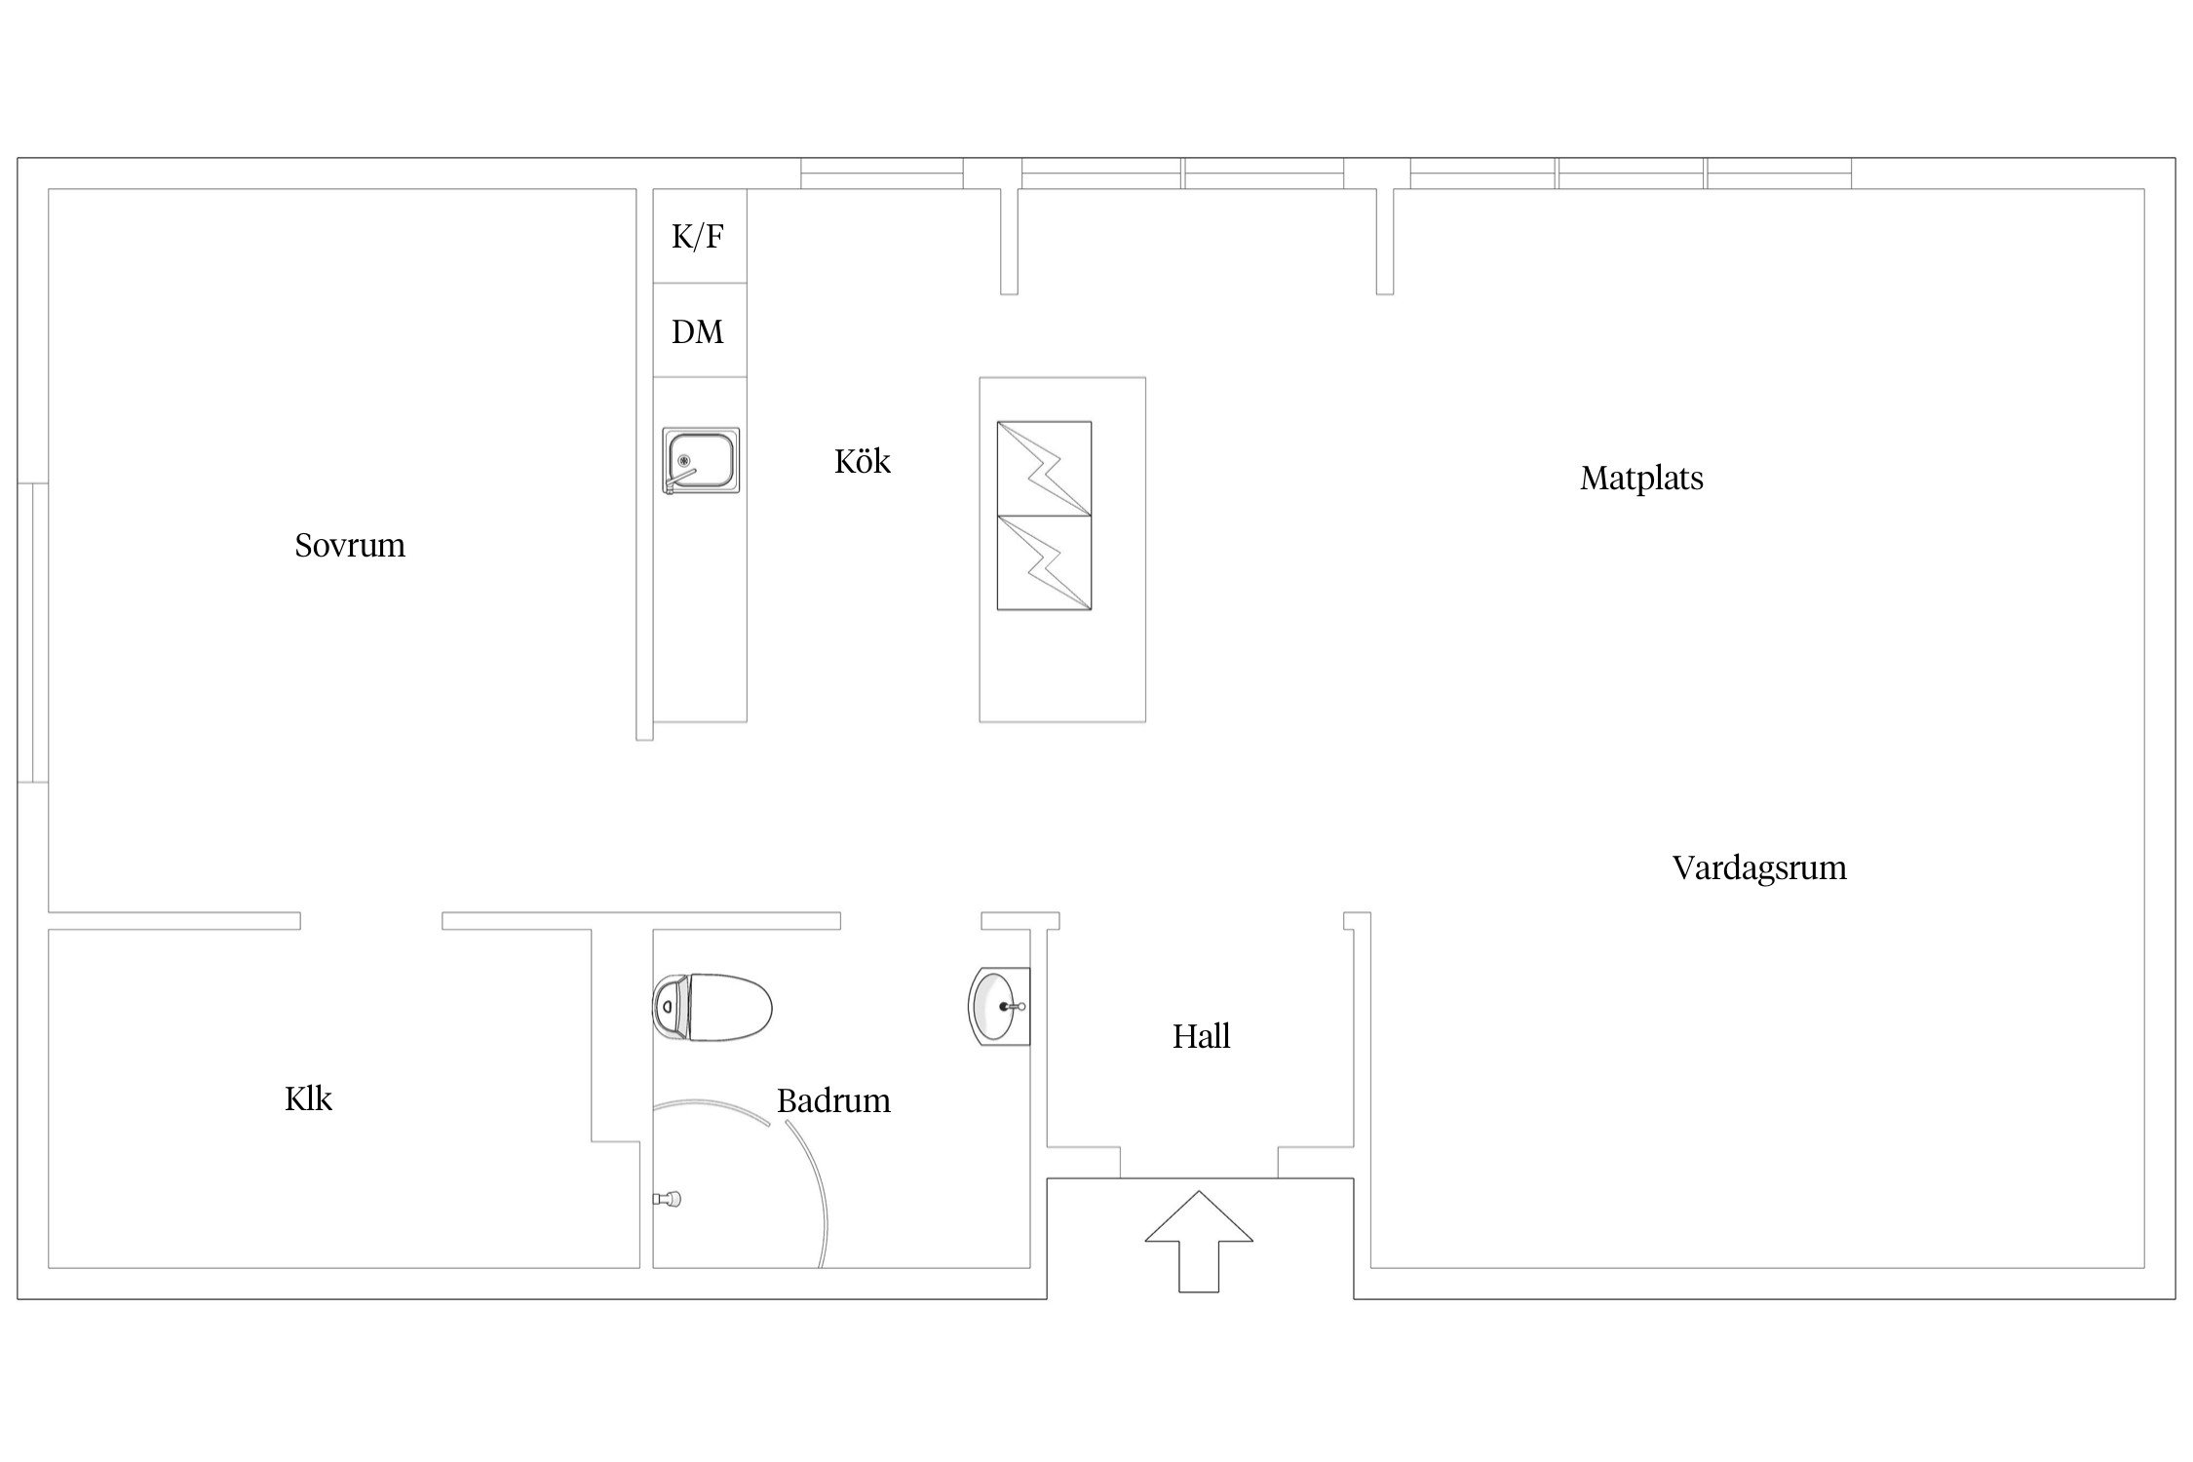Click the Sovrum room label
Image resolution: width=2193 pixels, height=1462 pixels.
pyautogui.click(x=350, y=545)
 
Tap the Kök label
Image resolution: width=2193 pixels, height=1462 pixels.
pyautogui.click(x=863, y=461)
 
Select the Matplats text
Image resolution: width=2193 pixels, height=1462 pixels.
pyautogui.click(x=1641, y=479)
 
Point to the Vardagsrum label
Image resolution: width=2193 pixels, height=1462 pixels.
pyautogui.click(x=1759, y=868)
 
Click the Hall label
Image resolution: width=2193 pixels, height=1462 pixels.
pyautogui.click(x=1201, y=1036)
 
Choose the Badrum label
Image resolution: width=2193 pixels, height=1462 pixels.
pyautogui.click(x=833, y=1101)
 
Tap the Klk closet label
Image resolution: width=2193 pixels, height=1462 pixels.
pyautogui.click(x=308, y=1099)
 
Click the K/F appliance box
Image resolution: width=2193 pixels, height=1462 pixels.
pyautogui.click(x=700, y=236)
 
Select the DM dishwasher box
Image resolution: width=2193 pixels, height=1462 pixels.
pyautogui.click(x=700, y=330)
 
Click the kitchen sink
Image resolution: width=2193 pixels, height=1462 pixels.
pyautogui.click(x=701, y=460)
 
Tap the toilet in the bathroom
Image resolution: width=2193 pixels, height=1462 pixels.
pyautogui.click(x=712, y=1007)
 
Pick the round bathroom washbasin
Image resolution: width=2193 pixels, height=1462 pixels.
pyautogui.click(x=999, y=1006)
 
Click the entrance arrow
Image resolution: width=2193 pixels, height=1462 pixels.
pyautogui.click(x=1199, y=1241)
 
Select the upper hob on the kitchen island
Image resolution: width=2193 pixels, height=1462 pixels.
pyautogui.click(x=1044, y=469)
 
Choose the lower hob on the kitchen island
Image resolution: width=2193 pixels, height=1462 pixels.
pyautogui.click(x=1044, y=563)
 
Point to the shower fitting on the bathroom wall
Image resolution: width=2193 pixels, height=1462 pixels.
pyautogui.click(x=667, y=1199)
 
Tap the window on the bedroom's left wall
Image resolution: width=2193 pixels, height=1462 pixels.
pyautogui.click(x=33, y=633)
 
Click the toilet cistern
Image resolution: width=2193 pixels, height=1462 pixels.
pyautogui.click(x=670, y=1007)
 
